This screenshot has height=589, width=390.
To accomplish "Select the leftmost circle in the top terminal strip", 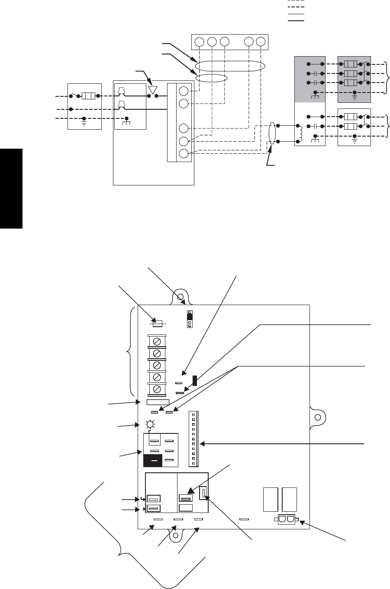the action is point(199,42).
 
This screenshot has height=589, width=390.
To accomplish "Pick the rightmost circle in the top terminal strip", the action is point(260,42).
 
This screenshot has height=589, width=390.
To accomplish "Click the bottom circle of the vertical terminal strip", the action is point(183,153).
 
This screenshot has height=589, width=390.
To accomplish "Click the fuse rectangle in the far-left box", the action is point(88,96).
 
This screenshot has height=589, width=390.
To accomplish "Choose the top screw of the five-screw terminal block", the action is point(157,341).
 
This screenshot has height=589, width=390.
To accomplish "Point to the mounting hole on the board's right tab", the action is point(318,418).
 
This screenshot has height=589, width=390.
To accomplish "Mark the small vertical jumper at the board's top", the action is point(189,319).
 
